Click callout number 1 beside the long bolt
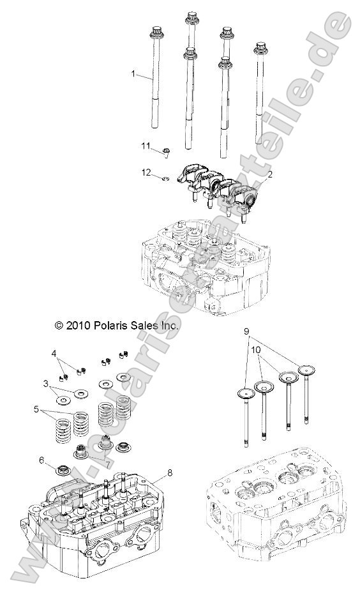133,74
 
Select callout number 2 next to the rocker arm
271,174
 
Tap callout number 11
146,147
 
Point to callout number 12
146,172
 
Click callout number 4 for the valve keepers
54,353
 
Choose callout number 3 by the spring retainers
46,384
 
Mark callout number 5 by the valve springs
37,409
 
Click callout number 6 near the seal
41,460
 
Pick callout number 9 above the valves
246,331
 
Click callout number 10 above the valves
255,350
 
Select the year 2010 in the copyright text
75,325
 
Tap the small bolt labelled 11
166,151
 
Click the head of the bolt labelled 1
155,31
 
